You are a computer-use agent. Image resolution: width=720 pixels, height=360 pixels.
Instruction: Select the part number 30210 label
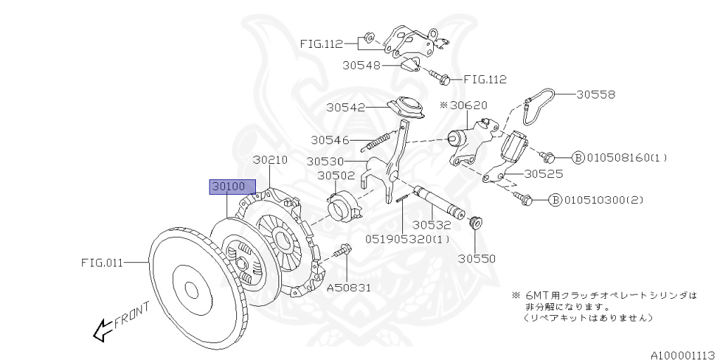pyautogui.click(x=270, y=160)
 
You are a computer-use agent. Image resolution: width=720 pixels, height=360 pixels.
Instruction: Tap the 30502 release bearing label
pyautogui.click(x=335, y=176)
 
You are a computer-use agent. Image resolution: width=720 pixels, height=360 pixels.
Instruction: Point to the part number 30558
pyautogui.click(x=596, y=94)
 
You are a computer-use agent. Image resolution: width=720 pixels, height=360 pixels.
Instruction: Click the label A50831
pyautogui.click(x=349, y=287)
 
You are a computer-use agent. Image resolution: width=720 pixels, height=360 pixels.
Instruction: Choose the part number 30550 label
pyautogui.click(x=477, y=258)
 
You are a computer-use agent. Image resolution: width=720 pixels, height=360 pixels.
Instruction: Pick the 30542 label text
pyautogui.click(x=345, y=108)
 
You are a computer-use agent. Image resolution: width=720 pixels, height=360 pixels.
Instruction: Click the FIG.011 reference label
pyautogui.click(x=102, y=263)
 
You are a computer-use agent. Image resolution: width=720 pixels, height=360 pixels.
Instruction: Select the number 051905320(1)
pyautogui.click(x=407, y=238)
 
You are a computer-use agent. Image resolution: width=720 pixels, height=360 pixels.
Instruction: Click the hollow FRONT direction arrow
pyautogui.click(x=103, y=328)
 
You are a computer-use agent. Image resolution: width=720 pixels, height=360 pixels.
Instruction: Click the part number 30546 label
pyautogui.click(x=330, y=141)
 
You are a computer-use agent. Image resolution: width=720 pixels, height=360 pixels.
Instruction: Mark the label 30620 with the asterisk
pyautogui.click(x=466, y=105)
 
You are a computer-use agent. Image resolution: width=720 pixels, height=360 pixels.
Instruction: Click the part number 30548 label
pyautogui.click(x=362, y=65)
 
